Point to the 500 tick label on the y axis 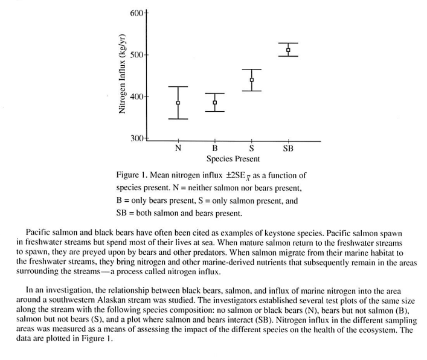coord(137,55)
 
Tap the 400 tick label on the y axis coord(137,97)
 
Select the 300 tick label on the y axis coord(137,138)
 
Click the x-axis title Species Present coord(233,159)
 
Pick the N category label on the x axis coord(178,148)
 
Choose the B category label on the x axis coord(214,148)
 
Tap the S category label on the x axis coord(251,148)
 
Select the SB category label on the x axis coord(288,148)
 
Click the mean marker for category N coord(178,103)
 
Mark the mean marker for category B coord(214,103)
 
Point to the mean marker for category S coord(252,80)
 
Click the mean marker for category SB coord(288,50)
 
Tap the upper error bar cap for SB coord(288,43)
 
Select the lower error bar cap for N coord(178,119)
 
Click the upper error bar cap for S coord(252,69)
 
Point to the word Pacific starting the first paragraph coord(40,232)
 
